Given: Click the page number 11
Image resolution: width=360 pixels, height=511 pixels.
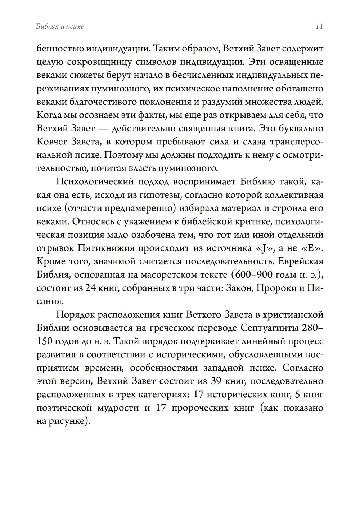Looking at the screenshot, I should (x=319, y=27).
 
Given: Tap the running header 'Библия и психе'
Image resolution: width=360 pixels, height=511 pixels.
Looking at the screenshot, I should (x=60, y=27).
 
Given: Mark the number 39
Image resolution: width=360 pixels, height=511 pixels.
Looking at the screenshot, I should (x=220, y=381).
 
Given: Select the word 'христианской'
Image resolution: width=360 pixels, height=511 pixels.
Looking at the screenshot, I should (x=293, y=315).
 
